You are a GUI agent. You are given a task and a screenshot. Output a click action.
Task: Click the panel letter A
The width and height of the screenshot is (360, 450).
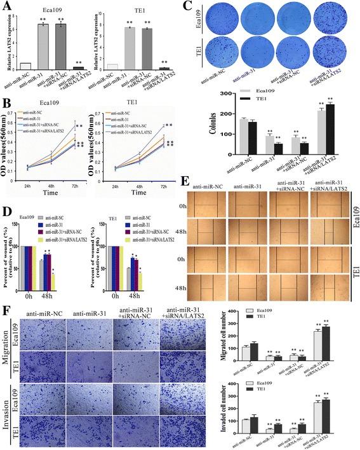(7, 6)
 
